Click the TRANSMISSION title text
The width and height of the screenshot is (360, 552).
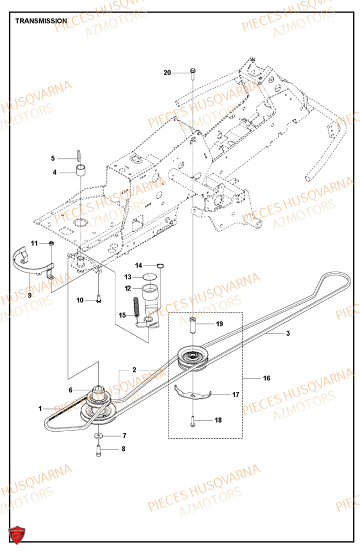tap(41, 21)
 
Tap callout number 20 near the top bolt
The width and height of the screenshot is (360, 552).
tap(168, 72)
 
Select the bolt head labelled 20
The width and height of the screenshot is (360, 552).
tap(192, 71)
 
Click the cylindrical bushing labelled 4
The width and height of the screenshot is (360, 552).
tap(82, 169)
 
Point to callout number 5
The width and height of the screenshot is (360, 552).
tap(53, 158)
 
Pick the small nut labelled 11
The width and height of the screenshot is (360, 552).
tap(51, 243)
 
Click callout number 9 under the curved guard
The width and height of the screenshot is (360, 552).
tap(29, 295)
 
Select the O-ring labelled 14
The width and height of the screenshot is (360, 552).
tap(159, 266)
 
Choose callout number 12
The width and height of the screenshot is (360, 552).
tap(128, 288)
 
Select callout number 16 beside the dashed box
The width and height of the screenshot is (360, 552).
tap(267, 379)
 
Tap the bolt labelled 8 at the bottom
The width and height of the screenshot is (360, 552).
tap(98, 449)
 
